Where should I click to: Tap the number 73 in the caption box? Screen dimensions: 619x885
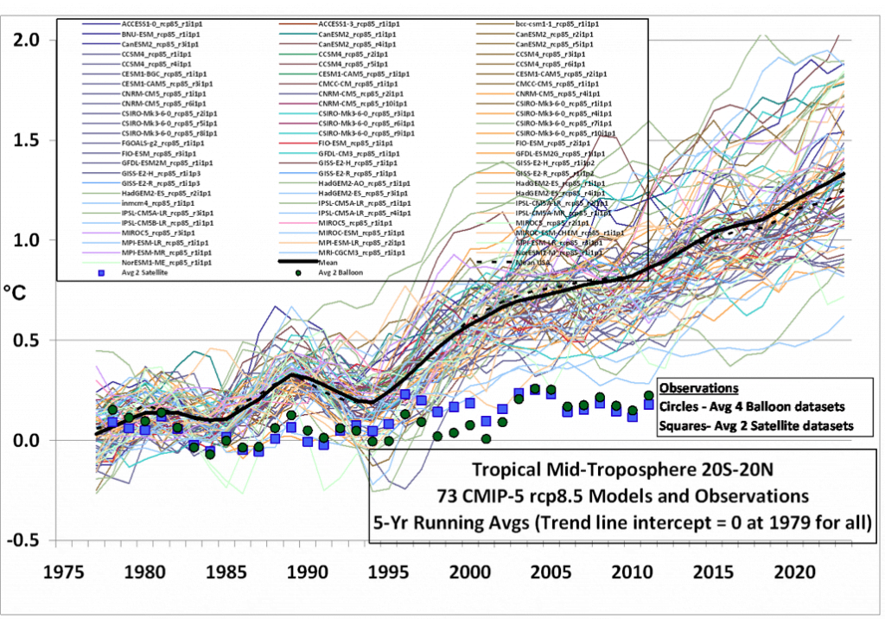(x=500, y=497)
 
